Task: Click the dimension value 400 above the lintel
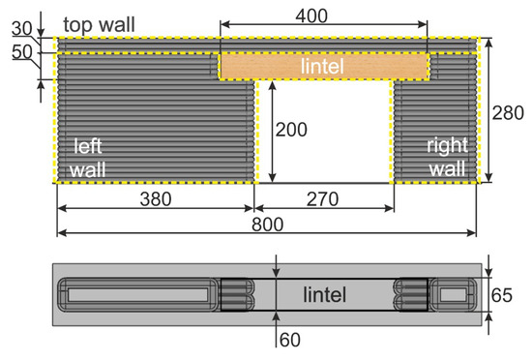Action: (323, 15)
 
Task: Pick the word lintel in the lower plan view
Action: (325, 293)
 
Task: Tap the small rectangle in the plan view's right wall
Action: (452, 292)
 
